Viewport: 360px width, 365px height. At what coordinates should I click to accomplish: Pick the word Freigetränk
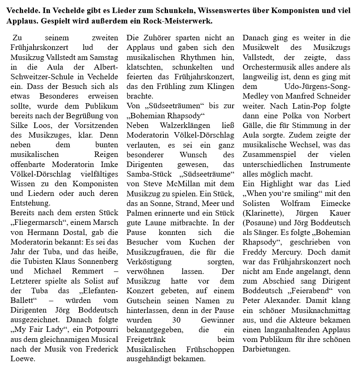coord(147,340)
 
